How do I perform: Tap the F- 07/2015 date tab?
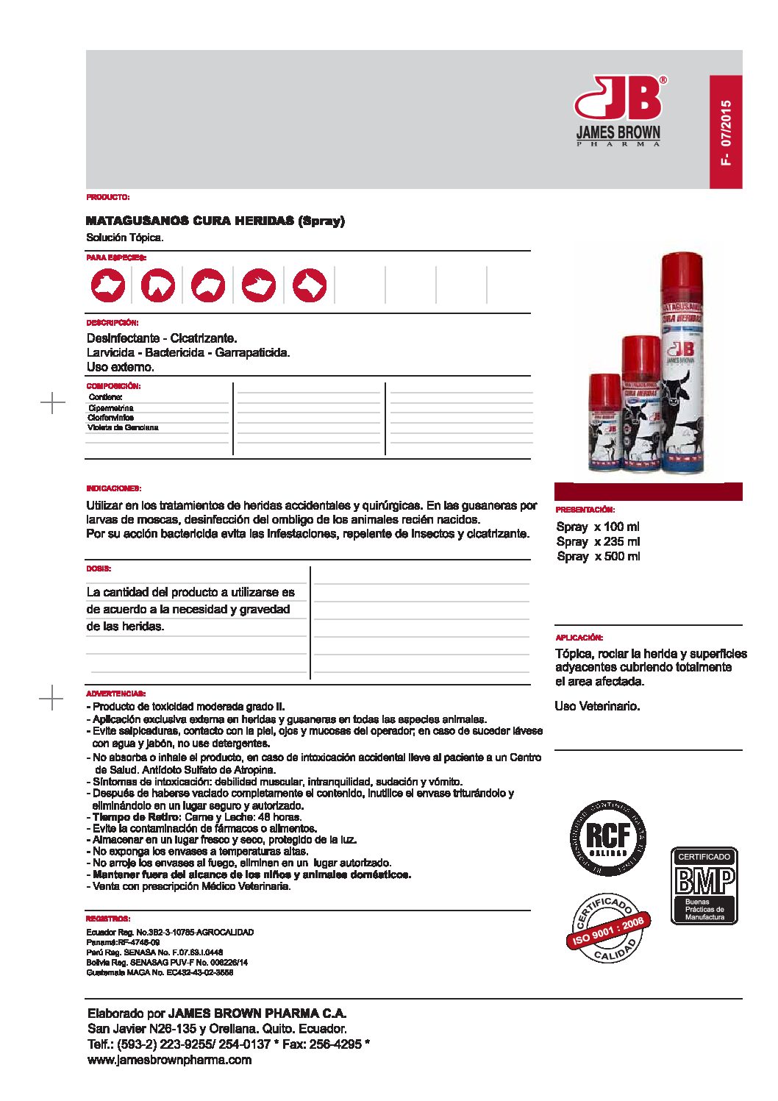[x=726, y=132]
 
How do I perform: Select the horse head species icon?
[x=158, y=285]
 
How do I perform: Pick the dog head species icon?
[x=310, y=285]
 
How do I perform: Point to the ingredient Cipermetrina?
[x=111, y=407]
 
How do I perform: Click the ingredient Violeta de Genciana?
[x=123, y=427]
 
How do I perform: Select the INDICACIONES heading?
[x=113, y=488]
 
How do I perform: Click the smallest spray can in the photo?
[x=605, y=424]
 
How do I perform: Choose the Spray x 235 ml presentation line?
[x=598, y=541]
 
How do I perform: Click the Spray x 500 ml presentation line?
[x=598, y=556]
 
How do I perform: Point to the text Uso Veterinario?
[x=597, y=706]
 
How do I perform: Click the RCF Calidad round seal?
[x=608, y=838]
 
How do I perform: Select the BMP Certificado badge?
[x=704, y=886]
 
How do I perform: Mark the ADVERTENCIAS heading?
[x=115, y=694]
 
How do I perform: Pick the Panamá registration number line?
[x=123, y=942]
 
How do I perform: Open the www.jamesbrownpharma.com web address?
[x=169, y=1060]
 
